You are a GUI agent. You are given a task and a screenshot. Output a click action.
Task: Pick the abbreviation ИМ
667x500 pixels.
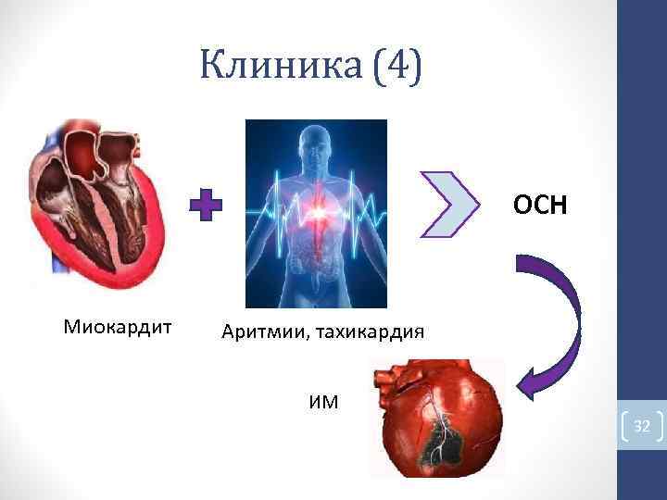(323, 401)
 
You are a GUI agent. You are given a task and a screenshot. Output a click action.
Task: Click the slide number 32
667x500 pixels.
(642, 426)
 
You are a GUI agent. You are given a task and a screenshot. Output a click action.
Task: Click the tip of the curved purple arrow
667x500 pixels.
(522, 388)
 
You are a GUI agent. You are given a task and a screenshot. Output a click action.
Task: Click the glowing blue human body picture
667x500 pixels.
(316, 213)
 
